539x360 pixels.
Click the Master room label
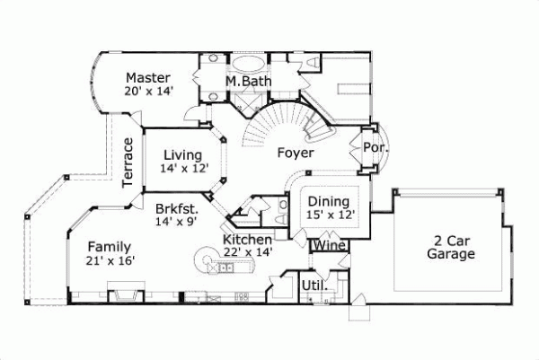click(148, 77)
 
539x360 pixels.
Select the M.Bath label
click(243, 82)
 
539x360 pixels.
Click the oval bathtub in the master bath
click(250, 66)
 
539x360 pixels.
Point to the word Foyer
click(295, 153)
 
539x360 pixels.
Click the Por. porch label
click(373, 146)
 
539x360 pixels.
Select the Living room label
click(182, 155)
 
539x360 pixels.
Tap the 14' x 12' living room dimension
click(183, 168)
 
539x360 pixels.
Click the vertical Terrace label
click(128, 162)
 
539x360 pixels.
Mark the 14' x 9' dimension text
click(176, 220)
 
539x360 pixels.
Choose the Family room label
click(110, 247)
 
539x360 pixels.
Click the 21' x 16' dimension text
click(110, 260)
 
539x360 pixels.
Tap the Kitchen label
click(247, 240)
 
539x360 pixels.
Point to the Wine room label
click(326, 244)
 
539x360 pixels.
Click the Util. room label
click(317, 286)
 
